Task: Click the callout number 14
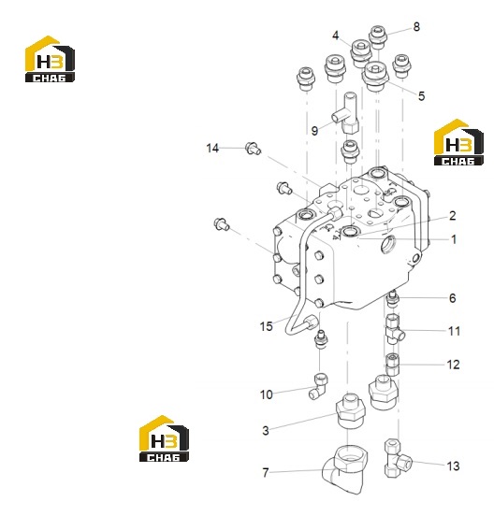tap(212, 148)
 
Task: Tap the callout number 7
tap(266, 473)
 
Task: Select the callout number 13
tap(453, 466)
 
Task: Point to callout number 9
tap(314, 131)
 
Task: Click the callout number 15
tap(266, 326)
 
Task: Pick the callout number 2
tap(453, 216)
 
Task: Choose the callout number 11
tap(454, 331)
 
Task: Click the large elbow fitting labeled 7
tap(344, 469)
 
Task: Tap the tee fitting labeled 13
tap(398, 458)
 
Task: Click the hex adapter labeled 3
tap(351, 410)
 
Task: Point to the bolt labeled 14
tap(253, 148)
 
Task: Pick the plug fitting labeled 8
tap(377, 36)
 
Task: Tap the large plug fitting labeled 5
tap(375, 77)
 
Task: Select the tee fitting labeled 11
tap(394, 329)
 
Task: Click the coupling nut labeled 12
tap(392, 365)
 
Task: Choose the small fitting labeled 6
tap(393, 299)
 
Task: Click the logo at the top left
tap(50, 59)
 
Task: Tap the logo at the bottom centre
tap(164, 438)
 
